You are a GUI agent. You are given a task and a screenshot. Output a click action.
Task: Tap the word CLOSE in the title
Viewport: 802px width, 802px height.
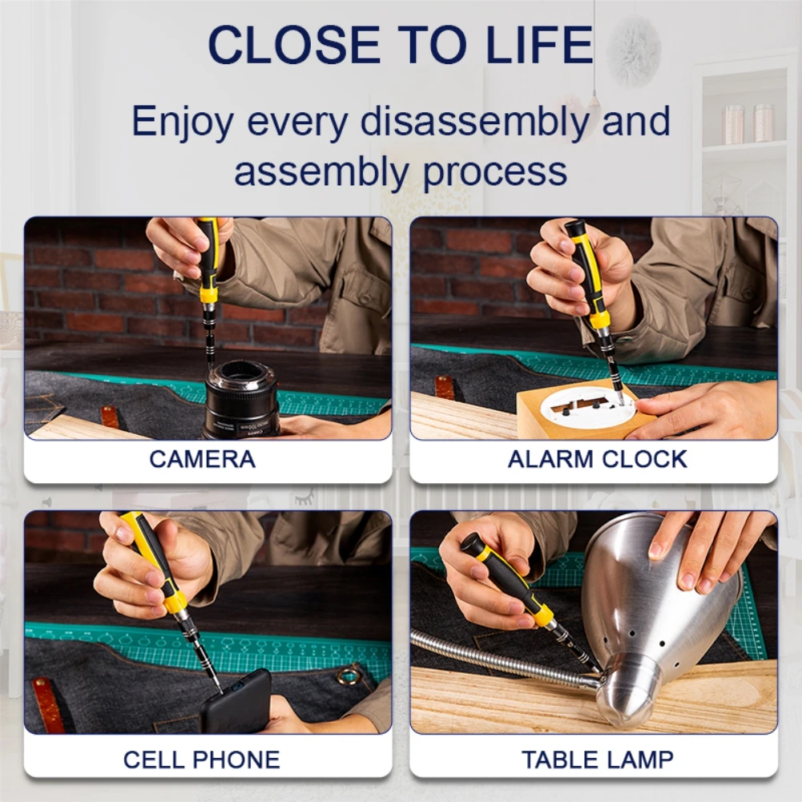coord(294,44)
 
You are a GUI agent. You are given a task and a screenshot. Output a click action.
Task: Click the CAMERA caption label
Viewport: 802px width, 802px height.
coord(203,459)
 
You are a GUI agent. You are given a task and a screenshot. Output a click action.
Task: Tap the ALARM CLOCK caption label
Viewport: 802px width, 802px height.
coord(598,459)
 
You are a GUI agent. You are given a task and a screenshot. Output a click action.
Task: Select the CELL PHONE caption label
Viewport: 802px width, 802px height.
coord(202,760)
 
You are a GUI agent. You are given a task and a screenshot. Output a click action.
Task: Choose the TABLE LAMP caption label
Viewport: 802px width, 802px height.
coord(598,760)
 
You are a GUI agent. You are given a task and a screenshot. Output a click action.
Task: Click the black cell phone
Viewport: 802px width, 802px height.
coord(236,702)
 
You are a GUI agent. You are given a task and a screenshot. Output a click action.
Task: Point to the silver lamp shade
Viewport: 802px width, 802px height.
coord(660,614)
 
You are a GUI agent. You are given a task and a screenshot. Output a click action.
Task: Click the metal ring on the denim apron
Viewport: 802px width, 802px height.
coord(349,675)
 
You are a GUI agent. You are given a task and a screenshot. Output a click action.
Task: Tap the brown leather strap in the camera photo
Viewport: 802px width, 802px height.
coord(110,417)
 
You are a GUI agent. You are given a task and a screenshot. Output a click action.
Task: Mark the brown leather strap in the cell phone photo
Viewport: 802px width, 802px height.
coord(49,705)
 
